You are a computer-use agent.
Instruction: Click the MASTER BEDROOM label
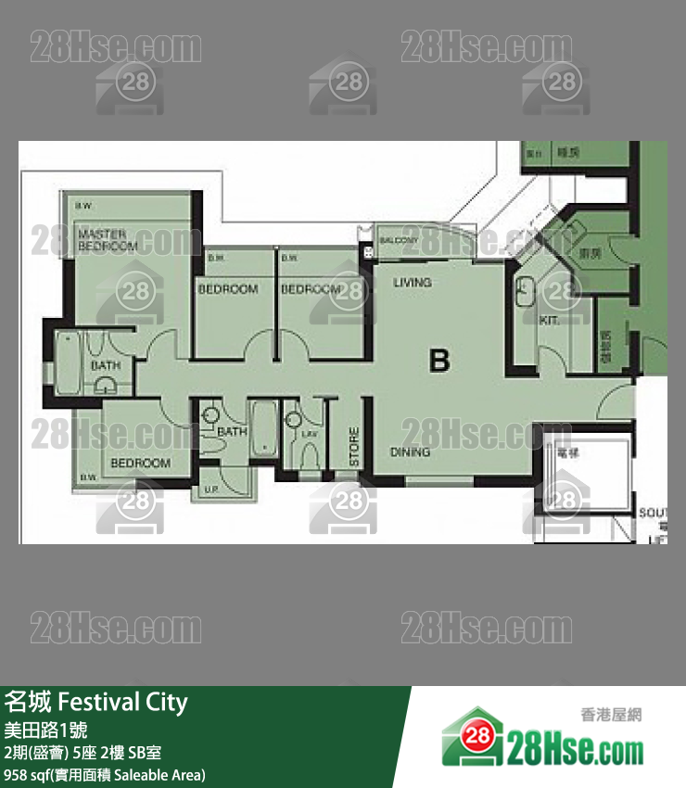(x=108, y=240)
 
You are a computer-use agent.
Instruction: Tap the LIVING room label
(x=412, y=282)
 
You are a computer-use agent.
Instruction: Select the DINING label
(x=409, y=452)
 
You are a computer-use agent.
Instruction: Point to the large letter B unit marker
(x=439, y=361)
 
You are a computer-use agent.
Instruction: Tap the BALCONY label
(x=400, y=241)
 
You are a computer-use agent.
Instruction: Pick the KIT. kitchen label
(x=550, y=320)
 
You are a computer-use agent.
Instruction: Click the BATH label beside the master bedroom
(x=105, y=365)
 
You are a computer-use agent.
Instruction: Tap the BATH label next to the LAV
(x=231, y=431)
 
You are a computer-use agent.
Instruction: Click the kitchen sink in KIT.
(x=525, y=290)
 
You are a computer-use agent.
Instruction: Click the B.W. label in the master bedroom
(x=83, y=205)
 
